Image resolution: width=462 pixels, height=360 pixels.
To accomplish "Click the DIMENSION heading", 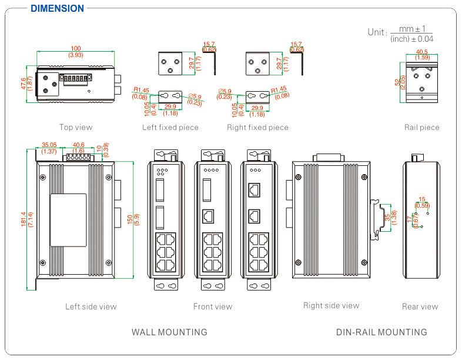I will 57,9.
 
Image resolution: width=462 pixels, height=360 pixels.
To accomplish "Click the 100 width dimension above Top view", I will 76,48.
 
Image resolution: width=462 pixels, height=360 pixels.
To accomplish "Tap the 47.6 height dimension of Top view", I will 24,84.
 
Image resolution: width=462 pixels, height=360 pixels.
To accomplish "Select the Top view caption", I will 76,127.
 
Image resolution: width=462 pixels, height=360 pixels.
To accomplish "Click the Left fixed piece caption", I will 170,127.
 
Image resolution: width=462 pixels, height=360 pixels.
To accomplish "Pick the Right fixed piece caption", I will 257,127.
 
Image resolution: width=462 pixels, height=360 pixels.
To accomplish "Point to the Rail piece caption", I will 421,127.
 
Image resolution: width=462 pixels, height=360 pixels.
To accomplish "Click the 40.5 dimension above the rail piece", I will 421,52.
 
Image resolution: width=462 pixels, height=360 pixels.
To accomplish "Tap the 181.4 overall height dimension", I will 24,219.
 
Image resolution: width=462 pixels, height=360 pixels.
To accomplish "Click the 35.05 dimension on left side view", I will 49,145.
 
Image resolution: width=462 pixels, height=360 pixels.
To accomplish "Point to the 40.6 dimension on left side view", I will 78,145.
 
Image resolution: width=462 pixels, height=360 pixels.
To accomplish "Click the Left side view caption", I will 91,306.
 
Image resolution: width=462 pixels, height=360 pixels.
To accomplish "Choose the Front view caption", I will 213,306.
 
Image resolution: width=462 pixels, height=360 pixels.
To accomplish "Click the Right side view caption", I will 331,305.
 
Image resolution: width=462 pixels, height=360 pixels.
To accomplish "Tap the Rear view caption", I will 420,306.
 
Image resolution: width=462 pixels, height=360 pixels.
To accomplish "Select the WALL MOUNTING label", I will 169,332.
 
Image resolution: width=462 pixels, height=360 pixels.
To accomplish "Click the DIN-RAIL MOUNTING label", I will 381,332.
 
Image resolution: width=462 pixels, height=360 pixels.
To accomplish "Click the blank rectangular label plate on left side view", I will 68,219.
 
